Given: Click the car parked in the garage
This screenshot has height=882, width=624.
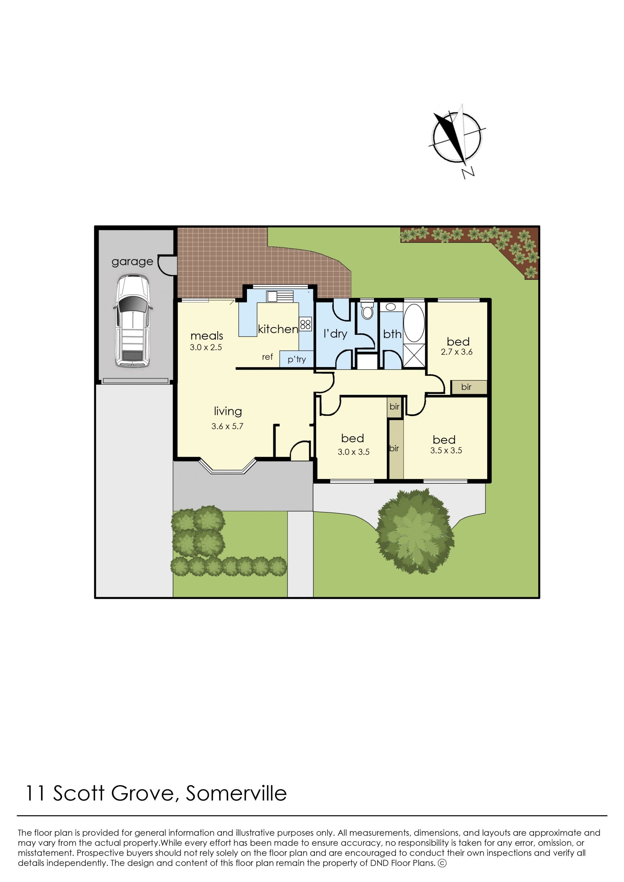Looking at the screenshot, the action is click(133, 321).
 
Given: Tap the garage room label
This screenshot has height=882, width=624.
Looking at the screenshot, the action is click(132, 262).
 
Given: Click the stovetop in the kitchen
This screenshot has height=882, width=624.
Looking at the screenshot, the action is click(305, 324).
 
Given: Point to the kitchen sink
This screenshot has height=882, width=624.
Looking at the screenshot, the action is click(280, 296).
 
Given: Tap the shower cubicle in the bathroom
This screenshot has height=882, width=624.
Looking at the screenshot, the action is click(414, 355).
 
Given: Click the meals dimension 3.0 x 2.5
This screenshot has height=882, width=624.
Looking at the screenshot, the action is click(206, 348).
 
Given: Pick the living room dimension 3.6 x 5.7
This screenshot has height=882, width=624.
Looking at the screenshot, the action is click(227, 426).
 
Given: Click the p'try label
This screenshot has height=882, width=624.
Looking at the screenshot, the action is click(297, 360).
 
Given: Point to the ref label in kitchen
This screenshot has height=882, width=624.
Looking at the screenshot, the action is click(267, 357).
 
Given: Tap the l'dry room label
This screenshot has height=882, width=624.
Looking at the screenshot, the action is click(335, 334).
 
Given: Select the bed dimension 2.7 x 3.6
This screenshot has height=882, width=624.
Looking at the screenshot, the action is click(457, 352).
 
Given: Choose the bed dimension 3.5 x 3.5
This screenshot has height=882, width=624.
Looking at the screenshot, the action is click(446, 450).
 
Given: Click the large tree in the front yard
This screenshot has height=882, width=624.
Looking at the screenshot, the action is click(415, 532).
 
